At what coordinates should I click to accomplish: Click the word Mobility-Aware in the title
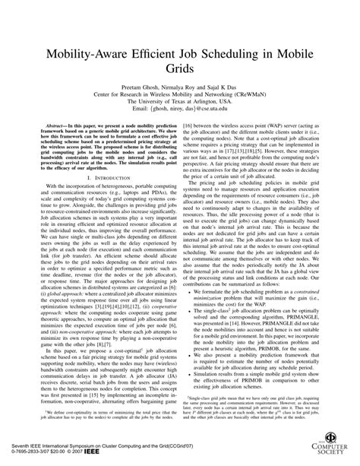point(81,56)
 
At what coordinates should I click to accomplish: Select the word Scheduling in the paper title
point(229,56)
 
